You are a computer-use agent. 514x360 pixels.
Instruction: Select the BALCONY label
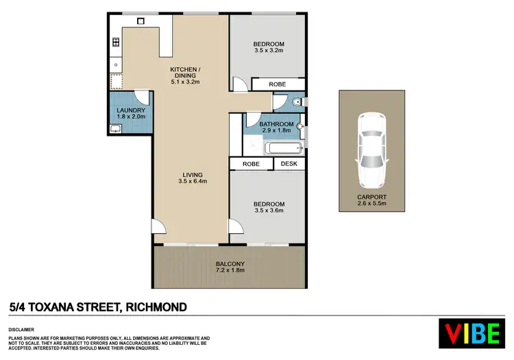pyautogui.click(x=230, y=264)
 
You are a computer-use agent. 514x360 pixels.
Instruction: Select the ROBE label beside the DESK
pyautogui.click(x=250, y=165)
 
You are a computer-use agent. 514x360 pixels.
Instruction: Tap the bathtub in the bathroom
pyautogui.click(x=280, y=147)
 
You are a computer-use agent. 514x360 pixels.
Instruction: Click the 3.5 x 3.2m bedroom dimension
pyautogui.click(x=269, y=50)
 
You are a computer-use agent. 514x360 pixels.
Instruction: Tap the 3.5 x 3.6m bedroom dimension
pyautogui.click(x=268, y=211)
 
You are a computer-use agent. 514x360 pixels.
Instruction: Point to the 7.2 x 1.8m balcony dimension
pyautogui.click(x=230, y=271)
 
